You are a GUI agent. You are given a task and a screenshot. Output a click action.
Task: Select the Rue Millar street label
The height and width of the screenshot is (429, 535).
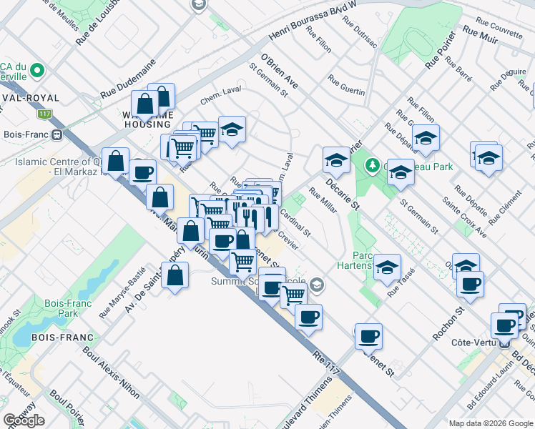(323, 200)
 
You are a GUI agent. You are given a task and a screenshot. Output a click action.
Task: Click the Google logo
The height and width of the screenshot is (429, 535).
(24, 420)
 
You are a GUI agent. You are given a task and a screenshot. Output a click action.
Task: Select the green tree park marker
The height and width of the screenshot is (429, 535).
(372, 166)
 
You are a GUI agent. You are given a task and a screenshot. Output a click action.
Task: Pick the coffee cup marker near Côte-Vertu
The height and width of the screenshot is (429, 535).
(506, 325)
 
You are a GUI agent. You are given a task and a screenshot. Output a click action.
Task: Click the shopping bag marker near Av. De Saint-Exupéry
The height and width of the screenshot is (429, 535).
(175, 275)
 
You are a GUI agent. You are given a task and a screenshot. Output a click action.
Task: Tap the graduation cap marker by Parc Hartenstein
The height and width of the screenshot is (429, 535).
(387, 267)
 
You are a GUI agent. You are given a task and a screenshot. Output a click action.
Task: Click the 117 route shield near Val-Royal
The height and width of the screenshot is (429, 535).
(45, 114)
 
